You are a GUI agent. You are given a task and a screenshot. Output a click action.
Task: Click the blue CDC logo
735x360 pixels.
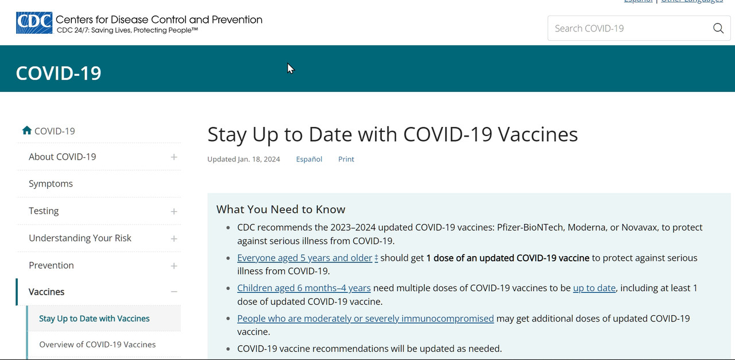click(34, 23)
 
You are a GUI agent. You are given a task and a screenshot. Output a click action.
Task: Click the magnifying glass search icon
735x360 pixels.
click(718, 28)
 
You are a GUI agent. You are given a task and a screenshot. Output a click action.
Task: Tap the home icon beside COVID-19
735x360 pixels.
click(27, 130)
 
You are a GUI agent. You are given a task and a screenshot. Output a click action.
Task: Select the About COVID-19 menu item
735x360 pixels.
click(63, 157)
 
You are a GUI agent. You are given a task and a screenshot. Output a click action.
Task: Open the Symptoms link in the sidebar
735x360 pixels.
click(51, 184)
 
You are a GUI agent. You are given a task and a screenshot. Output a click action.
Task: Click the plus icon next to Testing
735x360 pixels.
click(174, 211)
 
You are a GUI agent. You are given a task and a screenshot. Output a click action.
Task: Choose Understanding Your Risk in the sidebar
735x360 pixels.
click(80, 238)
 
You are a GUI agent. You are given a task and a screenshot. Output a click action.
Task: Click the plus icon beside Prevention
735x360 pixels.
click(174, 266)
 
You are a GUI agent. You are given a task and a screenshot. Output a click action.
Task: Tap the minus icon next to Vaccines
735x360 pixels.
click(174, 292)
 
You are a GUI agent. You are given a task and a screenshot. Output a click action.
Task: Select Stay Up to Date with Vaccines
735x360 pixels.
click(94, 319)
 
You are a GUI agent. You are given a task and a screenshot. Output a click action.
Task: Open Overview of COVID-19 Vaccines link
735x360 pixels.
click(98, 344)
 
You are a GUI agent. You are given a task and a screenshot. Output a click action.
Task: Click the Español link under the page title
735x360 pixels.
click(309, 159)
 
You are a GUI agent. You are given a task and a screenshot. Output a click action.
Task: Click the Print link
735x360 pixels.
click(346, 159)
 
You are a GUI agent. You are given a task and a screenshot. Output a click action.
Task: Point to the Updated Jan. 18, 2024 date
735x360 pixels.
click(243, 159)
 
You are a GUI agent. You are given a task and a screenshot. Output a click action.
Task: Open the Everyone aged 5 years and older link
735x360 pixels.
click(305, 258)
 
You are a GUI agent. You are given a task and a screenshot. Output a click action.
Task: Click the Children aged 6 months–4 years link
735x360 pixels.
click(304, 288)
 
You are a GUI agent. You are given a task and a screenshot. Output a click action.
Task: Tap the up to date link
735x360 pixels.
click(594, 288)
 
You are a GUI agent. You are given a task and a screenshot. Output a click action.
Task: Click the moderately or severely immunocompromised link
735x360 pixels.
click(366, 319)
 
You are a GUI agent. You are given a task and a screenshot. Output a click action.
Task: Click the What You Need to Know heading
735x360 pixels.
click(281, 210)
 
